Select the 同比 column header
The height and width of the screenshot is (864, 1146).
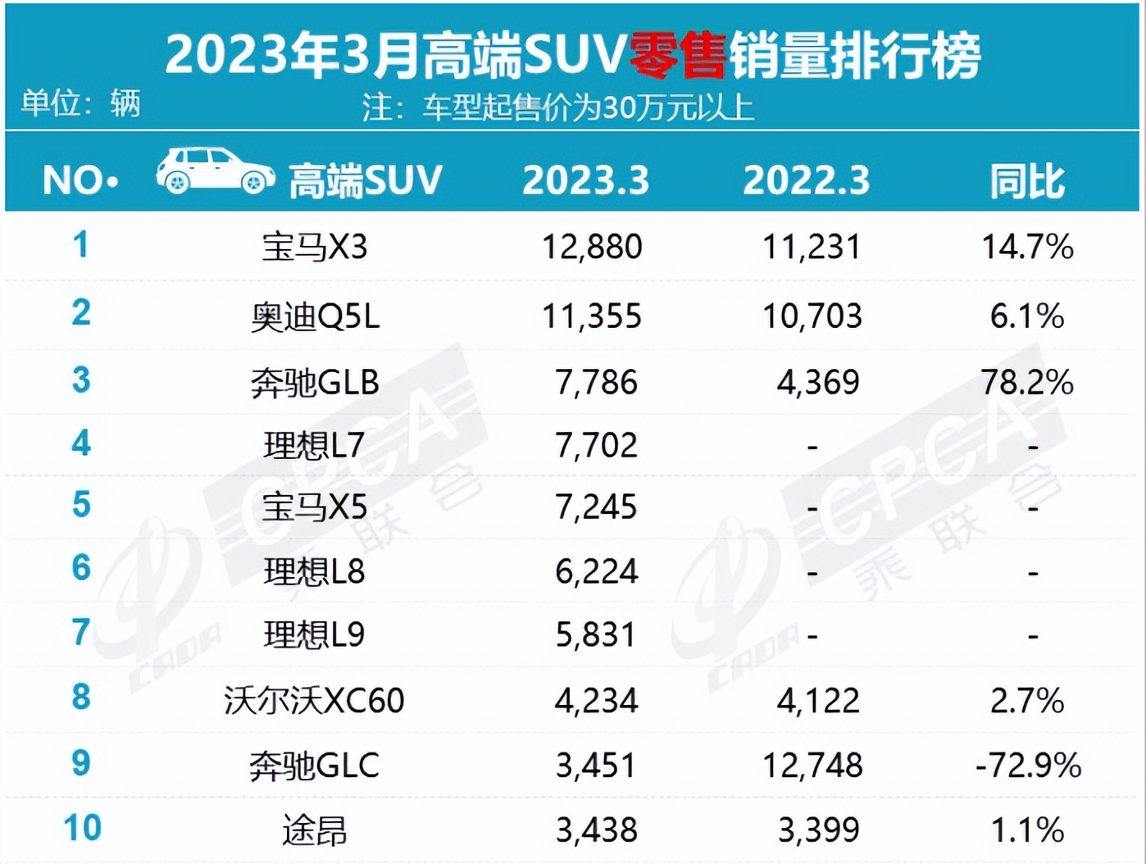(x=1027, y=181)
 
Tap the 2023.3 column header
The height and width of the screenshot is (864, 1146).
(x=585, y=181)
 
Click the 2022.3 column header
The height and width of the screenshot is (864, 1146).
(x=806, y=181)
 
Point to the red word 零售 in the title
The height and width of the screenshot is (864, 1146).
(x=678, y=56)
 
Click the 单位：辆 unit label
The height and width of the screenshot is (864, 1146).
(x=80, y=104)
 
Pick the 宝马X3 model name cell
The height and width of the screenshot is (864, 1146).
(x=315, y=247)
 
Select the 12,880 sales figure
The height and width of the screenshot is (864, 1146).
(x=592, y=247)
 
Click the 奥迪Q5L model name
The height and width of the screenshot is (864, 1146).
(x=315, y=316)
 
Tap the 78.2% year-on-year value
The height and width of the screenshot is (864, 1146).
(x=1027, y=383)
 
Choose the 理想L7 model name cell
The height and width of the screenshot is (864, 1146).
(x=313, y=446)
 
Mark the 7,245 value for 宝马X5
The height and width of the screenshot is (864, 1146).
(x=596, y=507)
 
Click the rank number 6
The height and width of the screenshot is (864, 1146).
(x=80, y=568)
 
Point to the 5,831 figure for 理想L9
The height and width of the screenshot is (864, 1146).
(x=596, y=635)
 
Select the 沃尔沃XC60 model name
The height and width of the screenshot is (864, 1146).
(x=314, y=701)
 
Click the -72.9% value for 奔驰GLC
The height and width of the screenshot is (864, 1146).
(x=1028, y=766)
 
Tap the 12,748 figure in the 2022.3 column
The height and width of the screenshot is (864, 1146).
(x=812, y=766)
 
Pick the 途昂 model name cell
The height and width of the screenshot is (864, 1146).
(x=314, y=830)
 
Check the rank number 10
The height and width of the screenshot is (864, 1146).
(x=82, y=828)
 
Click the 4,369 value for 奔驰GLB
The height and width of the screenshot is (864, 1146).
(x=818, y=383)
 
